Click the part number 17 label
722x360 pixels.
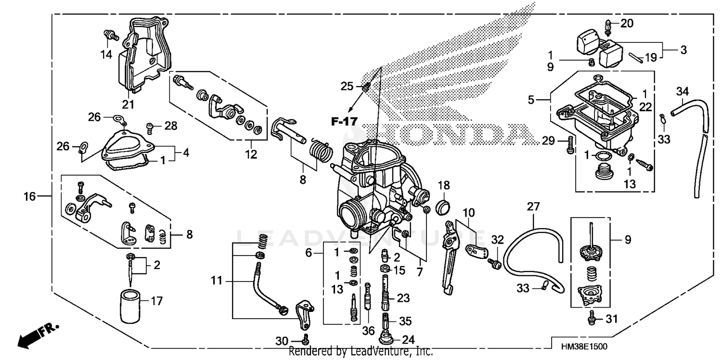[156, 302]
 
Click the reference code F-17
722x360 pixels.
[344, 121]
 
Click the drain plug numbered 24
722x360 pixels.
[387, 336]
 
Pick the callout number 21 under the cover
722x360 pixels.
[128, 104]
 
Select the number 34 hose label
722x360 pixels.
[683, 90]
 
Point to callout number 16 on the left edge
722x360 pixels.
[30, 196]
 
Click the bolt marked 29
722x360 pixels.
[570, 144]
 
